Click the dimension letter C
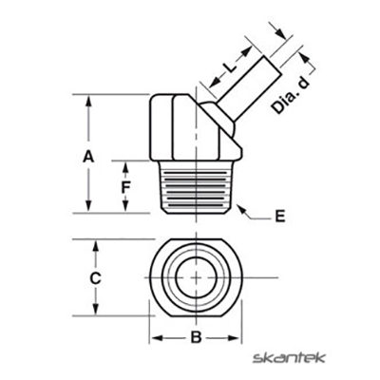coord(95,278)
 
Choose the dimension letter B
coord(195,337)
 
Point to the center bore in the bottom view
coord(195,276)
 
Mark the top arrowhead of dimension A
coord(88,99)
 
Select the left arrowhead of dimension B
coord(155,337)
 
